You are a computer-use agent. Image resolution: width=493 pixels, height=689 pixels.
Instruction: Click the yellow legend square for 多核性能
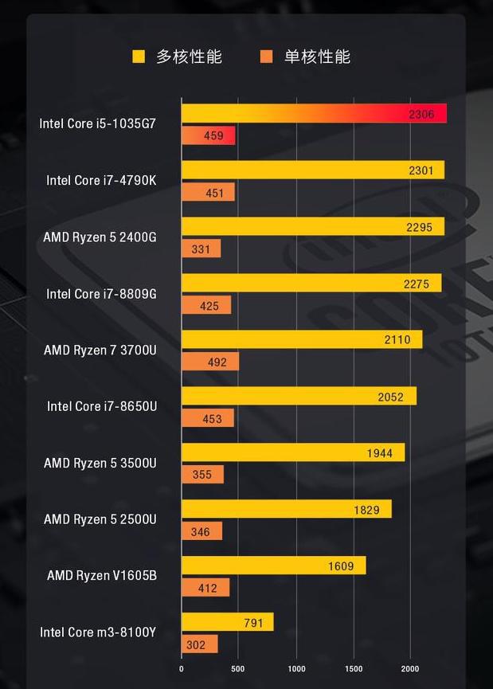pos(139,57)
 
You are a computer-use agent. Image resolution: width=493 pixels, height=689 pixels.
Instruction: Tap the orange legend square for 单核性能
pos(266,57)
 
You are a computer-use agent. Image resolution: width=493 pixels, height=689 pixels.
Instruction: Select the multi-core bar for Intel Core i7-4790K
pos(312,170)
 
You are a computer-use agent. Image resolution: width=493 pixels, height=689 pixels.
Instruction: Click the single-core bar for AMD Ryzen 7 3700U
pos(210,362)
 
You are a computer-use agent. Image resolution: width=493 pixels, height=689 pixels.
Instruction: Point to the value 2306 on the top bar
pos(421,114)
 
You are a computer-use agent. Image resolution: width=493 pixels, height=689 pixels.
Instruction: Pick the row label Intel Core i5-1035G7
pos(98,123)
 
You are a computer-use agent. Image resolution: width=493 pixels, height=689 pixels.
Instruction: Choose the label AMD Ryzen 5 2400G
pos(100,237)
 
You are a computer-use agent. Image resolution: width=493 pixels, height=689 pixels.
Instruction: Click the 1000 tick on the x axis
pos(296,668)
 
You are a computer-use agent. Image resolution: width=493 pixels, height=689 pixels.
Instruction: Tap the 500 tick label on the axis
pos(238,668)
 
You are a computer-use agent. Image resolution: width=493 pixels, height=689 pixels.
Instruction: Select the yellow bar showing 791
pos(227,622)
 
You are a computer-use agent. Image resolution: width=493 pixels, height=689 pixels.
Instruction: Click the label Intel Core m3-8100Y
pos(98,632)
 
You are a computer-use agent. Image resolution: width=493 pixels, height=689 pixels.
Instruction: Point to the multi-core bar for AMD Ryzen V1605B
pos(273,566)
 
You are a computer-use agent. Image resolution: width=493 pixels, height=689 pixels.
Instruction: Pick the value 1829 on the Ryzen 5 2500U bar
pos(366,510)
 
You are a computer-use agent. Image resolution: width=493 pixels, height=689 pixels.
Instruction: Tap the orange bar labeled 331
pos(201,249)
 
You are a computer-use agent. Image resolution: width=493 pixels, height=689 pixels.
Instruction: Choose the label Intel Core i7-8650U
pos(102,406)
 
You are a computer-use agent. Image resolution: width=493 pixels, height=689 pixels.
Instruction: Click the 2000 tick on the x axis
pos(409,668)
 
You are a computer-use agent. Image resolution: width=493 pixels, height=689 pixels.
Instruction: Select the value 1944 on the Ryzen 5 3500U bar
pos(379,453)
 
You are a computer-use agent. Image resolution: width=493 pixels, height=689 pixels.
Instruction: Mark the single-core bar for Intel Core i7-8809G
pos(206,305)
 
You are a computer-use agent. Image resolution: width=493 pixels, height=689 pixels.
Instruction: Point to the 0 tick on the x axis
pos(182,668)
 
